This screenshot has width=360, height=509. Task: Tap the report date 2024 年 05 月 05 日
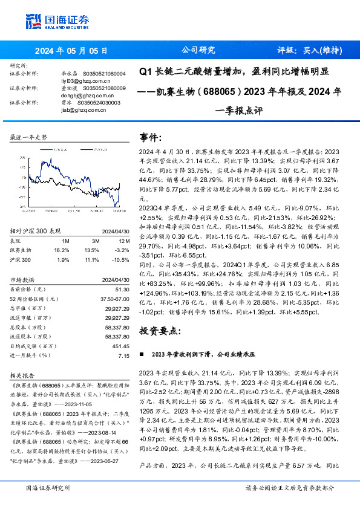(x=72, y=51)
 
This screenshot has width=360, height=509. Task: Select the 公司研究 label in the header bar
(x=198, y=50)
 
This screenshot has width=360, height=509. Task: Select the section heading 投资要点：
(x=160, y=331)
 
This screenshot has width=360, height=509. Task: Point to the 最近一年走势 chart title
(x=29, y=138)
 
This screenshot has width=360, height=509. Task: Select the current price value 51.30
(x=122, y=290)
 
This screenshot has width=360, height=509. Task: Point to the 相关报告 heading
(x=24, y=375)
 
